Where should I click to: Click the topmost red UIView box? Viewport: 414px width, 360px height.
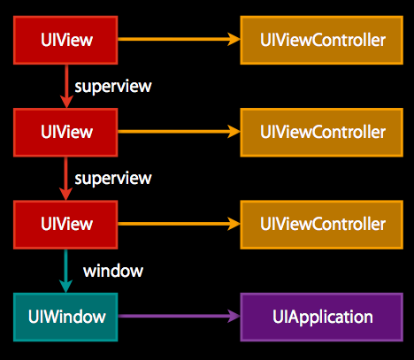(x=65, y=40)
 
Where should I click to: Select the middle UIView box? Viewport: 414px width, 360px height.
(x=65, y=133)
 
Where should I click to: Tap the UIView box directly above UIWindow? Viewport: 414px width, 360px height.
(x=65, y=225)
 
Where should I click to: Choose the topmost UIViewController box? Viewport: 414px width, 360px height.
(x=322, y=40)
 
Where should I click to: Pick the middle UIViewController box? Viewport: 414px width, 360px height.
(x=322, y=133)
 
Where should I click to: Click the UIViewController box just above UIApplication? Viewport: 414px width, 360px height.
(x=322, y=225)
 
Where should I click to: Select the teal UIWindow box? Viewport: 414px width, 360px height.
(x=65, y=317)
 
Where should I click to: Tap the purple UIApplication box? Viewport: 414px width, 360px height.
(x=322, y=317)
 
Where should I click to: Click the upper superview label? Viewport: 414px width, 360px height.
(x=113, y=87)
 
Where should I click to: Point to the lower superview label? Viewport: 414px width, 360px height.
(x=113, y=179)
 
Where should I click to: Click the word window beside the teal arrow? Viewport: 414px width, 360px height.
(x=113, y=271)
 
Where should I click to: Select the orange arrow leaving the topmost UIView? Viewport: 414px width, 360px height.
(x=179, y=39)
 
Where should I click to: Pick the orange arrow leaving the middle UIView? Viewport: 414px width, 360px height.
(x=179, y=132)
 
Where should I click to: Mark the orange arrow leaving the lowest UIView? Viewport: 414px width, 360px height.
(x=179, y=224)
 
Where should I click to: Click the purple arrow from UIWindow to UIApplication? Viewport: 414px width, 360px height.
(x=179, y=316)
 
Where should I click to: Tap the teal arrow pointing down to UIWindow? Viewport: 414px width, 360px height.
(x=65, y=271)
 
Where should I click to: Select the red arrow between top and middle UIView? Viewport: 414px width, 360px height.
(x=66, y=87)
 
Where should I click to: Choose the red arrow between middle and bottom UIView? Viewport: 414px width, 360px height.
(x=65, y=179)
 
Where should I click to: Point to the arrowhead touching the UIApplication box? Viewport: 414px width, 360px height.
(x=234, y=316)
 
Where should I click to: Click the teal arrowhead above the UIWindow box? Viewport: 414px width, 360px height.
(x=65, y=286)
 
